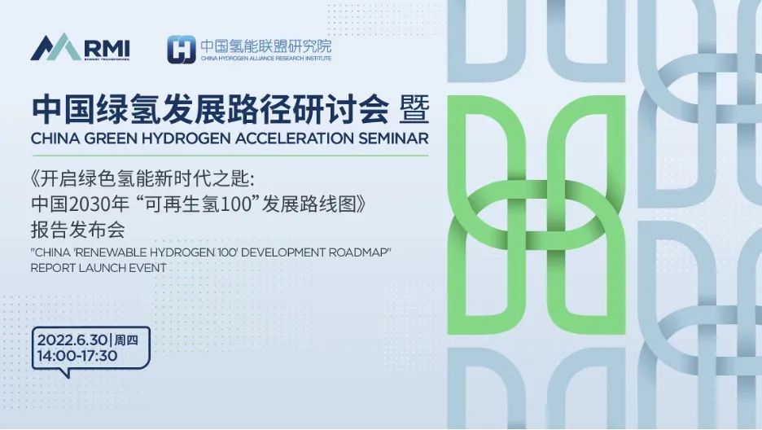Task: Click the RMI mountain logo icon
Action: pos(55,47)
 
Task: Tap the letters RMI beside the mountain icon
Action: pos(107,48)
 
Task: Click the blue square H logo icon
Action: pos(182,50)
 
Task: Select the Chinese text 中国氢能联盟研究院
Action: pos(266,46)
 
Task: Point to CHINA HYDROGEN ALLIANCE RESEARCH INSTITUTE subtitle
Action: pos(266,59)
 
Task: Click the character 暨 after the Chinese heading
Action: pos(414,111)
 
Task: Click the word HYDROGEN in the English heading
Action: pos(185,138)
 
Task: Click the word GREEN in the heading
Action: pos(109,138)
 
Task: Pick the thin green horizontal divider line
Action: pos(230,156)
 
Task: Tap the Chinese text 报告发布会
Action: pos(78,230)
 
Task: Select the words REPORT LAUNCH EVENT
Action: pos(99,268)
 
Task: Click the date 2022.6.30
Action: pos(72,340)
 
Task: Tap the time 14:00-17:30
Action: pos(77,356)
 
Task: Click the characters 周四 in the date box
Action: pos(126,340)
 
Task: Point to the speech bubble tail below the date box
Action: pos(64,373)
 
